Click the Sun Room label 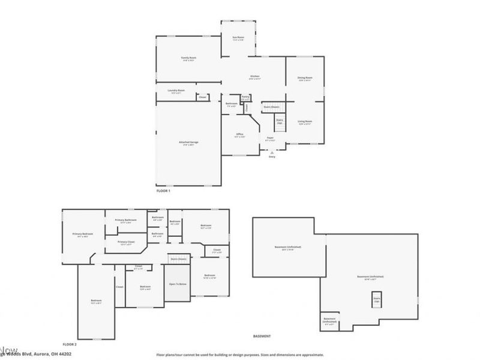click(238, 37)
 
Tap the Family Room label click(189, 59)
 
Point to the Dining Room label click(305, 78)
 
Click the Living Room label click(305, 122)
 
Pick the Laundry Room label click(176, 91)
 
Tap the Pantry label click(245, 97)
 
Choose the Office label click(239, 134)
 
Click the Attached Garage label click(188, 143)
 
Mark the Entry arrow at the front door click(272, 154)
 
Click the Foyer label click(270, 139)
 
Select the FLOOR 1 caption click(164, 190)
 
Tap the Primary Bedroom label click(83, 235)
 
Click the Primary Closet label click(127, 243)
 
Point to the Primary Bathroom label click(127, 220)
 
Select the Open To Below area click(178, 283)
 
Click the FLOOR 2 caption click(70, 344)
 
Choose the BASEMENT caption click(262, 336)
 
